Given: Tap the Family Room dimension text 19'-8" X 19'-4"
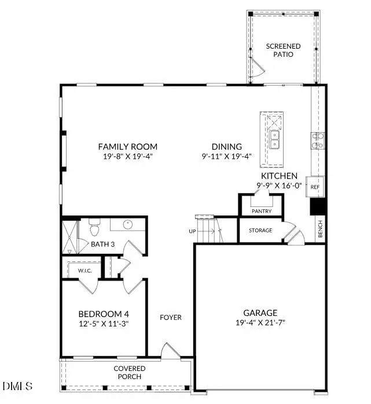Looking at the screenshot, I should [x=127, y=156].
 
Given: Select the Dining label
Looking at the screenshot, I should [x=226, y=147].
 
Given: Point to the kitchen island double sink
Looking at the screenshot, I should [x=274, y=139].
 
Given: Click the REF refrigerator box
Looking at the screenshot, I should [x=315, y=187].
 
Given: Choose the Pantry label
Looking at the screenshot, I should [x=261, y=211].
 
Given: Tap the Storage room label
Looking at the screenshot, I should [x=260, y=230].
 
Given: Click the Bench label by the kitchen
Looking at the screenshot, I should [x=319, y=230].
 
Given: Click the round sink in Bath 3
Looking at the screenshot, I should [x=127, y=225].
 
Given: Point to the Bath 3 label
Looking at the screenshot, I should [x=102, y=244].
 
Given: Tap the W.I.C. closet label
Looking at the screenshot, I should [x=78, y=270].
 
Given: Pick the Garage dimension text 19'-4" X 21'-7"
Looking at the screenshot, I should [x=260, y=322].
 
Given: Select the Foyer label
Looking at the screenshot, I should [x=171, y=317].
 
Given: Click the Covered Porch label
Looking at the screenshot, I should [x=130, y=372].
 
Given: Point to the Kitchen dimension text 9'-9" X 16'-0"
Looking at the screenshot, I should [x=279, y=185].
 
